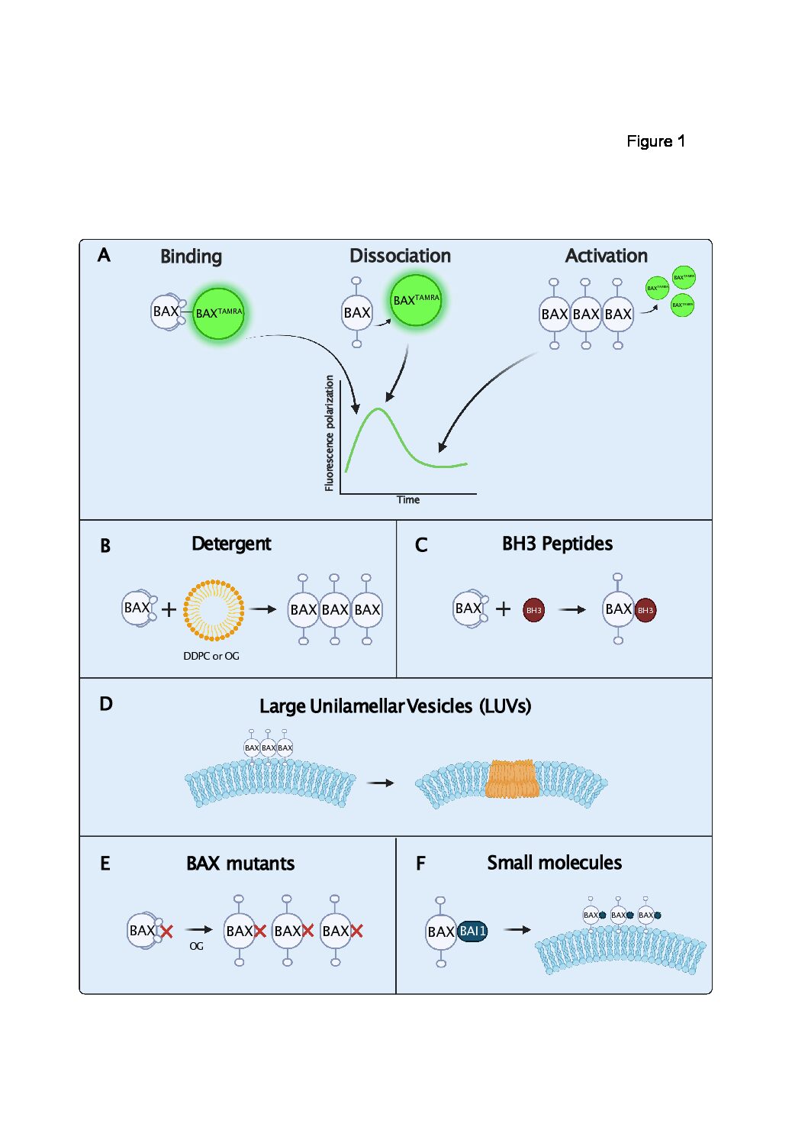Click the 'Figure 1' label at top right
point(655,141)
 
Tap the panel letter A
point(104,255)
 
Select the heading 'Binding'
point(191,257)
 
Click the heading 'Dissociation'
point(400,256)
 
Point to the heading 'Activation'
point(606,256)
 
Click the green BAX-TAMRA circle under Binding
point(218,313)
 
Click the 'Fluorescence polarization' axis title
point(330,433)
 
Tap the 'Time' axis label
point(408,500)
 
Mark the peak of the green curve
point(378,410)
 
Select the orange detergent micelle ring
point(214,609)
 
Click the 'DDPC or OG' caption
point(211,656)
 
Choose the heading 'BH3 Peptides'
point(557,544)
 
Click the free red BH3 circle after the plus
point(534,610)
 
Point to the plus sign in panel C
point(503,609)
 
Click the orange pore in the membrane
point(513,780)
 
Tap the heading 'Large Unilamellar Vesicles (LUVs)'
point(395,706)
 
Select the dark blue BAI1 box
point(472,931)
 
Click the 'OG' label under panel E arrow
point(197,946)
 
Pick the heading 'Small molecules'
point(554,863)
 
